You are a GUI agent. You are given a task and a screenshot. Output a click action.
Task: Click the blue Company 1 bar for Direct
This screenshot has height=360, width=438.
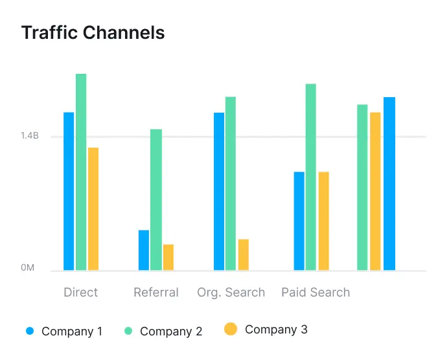point(69,191)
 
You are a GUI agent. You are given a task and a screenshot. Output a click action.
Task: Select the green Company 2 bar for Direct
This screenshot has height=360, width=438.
point(81,172)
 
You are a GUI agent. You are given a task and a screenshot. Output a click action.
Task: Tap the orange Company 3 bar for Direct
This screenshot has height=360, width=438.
point(93,208)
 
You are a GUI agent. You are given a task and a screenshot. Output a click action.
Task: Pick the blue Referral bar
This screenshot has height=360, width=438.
point(144,250)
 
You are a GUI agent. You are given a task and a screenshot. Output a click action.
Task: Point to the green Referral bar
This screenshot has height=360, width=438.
point(156,199)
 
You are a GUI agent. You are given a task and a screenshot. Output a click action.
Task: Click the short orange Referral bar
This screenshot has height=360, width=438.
point(168,257)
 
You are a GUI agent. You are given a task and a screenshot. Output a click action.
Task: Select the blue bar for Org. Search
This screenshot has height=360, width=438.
point(219,191)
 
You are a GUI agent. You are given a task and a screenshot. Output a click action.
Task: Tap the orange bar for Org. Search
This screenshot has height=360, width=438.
point(244,254)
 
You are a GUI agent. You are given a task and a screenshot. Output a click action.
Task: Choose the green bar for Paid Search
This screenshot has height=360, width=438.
point(311,177)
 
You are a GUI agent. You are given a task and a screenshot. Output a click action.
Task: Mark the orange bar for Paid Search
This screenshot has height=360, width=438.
point(324,221)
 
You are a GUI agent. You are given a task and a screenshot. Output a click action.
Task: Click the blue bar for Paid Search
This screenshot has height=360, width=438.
point(299,221)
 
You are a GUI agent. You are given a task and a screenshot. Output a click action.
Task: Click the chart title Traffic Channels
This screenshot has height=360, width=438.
point(93,32)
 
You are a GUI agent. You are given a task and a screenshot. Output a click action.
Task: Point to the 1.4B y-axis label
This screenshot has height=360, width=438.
point(30,136)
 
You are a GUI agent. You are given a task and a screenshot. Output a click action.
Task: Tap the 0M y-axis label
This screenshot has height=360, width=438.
point(27,267)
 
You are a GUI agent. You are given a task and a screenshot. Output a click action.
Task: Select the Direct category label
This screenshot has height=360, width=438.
point(81,292)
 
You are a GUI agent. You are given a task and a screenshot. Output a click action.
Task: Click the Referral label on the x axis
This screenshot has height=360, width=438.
point(156,292)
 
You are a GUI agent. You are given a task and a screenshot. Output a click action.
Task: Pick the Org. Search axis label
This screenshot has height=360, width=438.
point(231,292)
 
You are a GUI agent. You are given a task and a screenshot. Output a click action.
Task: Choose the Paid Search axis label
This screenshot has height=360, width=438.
point(316,292)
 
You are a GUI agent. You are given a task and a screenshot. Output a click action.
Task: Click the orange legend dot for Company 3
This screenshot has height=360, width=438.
point(231,330)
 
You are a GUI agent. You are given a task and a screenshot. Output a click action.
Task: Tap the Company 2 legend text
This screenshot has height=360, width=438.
point(171,332)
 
